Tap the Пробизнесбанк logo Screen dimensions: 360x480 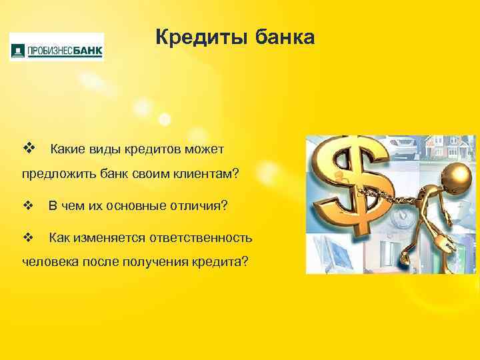tap(57, 47)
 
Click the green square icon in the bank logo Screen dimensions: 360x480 tap(18, 49)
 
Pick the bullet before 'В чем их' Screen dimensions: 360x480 tap(27, 206)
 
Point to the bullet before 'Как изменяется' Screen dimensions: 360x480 tap(27, 237)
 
